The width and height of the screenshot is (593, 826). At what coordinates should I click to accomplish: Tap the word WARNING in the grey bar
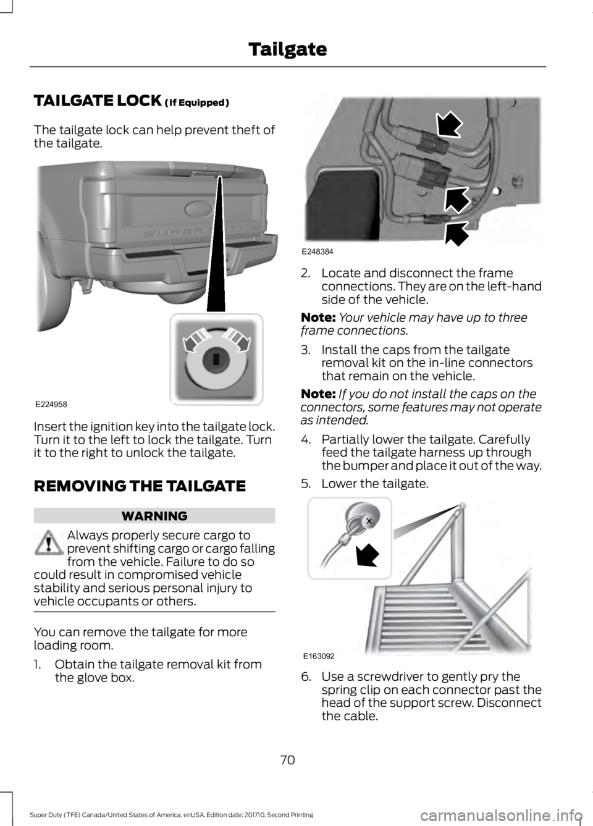pyautogui.click(x=155, y=515)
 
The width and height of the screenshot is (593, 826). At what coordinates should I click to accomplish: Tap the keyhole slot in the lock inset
pyautogui.click(x=216, y=358)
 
